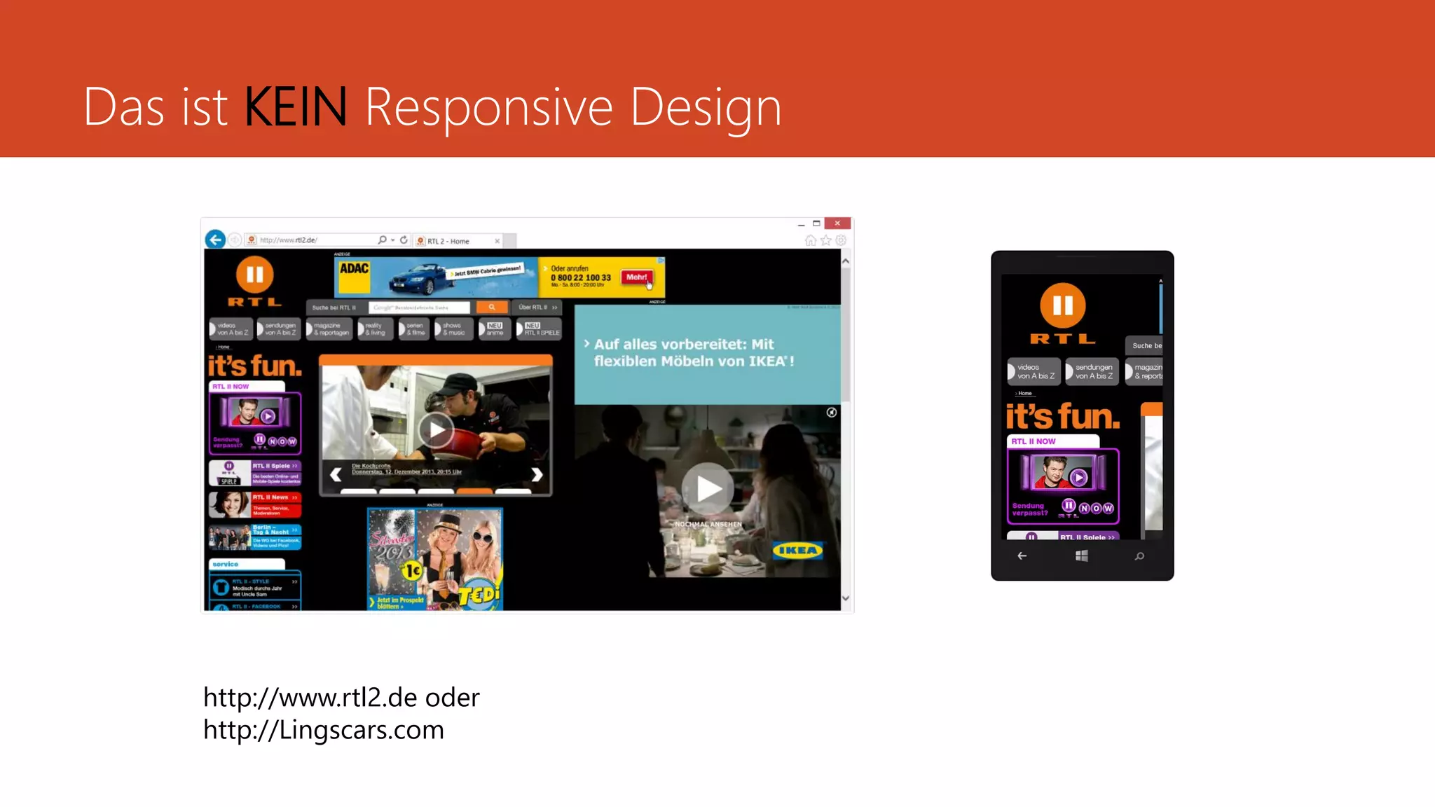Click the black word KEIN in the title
click(x=295, y=107)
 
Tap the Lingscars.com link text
click(x=323, y=730)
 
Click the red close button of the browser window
click(x=837, y=223)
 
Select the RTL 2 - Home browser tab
click(x=448, y=241)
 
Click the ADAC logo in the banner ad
click(x=354, y=269)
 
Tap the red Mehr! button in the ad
click(x=636, y=277)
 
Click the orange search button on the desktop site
click(x=492, y=308)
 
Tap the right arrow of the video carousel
click(x=537, y=475)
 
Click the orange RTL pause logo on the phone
click(x=1062, y=306)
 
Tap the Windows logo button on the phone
click(x=1082, y=556)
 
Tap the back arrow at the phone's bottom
click(x=1022, y=556)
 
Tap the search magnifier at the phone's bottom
click(x=1139, y=556)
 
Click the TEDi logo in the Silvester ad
click(x=479, y=595)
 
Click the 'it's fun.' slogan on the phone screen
click(x=1062, y=417)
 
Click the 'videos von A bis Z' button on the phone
click(x=1034, y=372)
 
